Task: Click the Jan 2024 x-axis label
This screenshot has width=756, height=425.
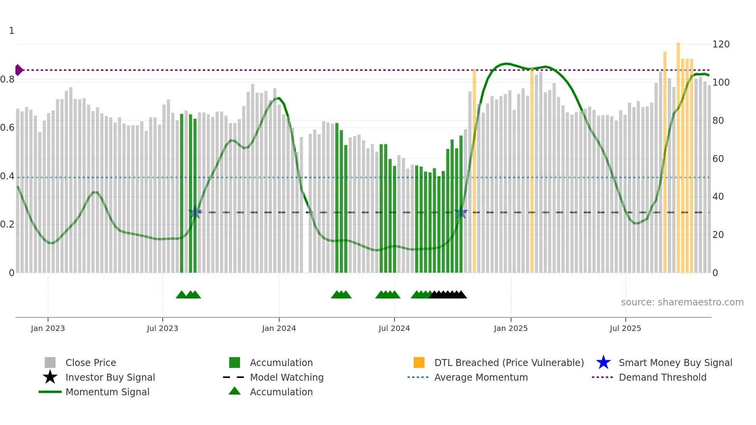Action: point(279,328)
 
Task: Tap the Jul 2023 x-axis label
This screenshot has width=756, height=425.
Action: point(162,328)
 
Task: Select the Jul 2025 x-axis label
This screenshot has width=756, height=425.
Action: point(625,328)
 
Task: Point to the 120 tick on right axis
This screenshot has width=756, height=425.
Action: point(721,44)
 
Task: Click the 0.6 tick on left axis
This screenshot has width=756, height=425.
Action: point(7,128)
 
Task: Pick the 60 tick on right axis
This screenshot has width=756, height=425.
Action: point(718,159)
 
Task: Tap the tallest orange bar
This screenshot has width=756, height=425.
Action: point(678,154)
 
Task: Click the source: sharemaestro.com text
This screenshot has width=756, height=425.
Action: point(682,302)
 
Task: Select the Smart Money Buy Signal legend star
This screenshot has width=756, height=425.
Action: point(603,363)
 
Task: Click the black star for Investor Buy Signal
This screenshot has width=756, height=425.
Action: point(50,377)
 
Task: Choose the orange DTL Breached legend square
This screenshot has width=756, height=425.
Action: point(419,363)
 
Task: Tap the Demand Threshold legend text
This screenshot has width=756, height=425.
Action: point(662,377)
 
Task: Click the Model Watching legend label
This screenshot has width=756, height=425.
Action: point(287,377)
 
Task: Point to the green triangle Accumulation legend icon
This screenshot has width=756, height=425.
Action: point(235,391)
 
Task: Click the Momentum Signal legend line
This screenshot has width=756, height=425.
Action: point(50,392)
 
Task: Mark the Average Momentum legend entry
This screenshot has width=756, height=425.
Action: point(481,377)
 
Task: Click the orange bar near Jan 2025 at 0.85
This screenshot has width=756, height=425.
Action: point(474,170)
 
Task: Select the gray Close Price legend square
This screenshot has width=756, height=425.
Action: point(50,363)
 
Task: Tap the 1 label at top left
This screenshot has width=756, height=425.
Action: point(12,31)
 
